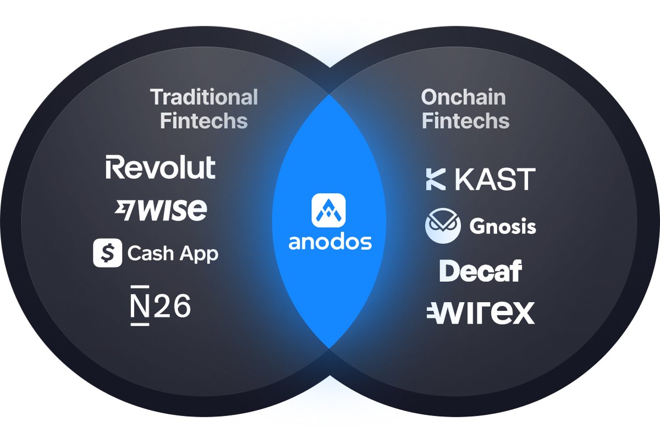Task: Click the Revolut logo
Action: coord(161,167)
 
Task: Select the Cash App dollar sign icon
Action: coord(107,253)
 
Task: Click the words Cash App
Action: coord(173,254)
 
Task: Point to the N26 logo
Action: coord(161,305)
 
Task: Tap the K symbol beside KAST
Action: coord(436,179)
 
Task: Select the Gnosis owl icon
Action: coord(443,226)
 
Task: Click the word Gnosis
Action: coord(503,226)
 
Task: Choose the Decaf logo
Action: coord(481,271)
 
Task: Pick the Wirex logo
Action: coord(480,313)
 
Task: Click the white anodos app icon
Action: coord(329,209)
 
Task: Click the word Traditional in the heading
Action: coord(204,97)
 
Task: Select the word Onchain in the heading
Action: coord(463,97)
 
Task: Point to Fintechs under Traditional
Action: coord(204,121)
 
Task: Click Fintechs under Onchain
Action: coord(465,121)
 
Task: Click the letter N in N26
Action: coord(140,305)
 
